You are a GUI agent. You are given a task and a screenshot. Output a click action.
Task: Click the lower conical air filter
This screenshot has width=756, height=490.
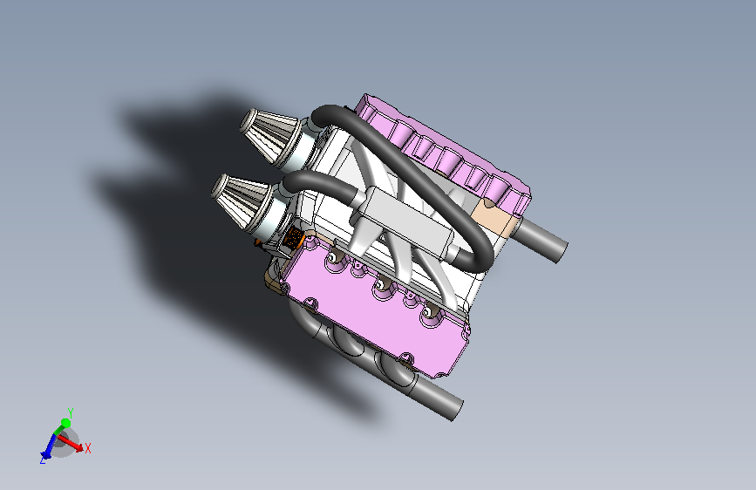[x=240, y=201]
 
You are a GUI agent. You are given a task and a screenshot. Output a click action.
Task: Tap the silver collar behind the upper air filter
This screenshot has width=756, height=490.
[x=302, y=147]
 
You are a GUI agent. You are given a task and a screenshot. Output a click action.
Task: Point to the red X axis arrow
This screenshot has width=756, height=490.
[x=71, y=444]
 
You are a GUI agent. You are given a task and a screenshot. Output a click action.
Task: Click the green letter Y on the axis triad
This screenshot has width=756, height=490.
[x=71, y=413]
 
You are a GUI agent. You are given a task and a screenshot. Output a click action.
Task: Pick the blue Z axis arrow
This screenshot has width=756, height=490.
[x=48, y=446]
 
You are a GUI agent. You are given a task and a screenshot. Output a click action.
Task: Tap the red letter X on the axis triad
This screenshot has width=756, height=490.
[x=88, y=448]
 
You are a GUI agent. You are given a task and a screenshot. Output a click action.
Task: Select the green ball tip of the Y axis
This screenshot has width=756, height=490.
[x=65, y=424]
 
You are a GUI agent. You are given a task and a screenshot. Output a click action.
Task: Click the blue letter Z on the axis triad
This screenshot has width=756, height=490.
[x=43, y=460]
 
